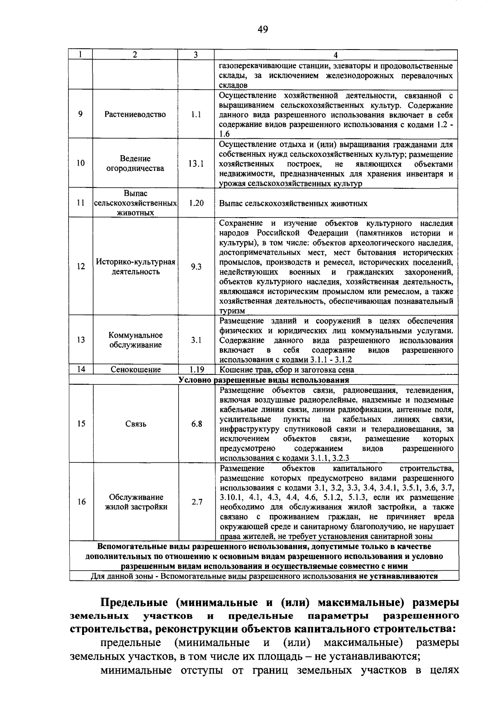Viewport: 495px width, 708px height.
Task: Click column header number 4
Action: pyautogui.click(x=335, y=55)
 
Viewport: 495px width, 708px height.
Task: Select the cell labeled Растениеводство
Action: pyautogui.click(x=135, y=114)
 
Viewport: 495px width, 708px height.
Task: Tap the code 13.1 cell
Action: pyautogui.click(x=196, y=163)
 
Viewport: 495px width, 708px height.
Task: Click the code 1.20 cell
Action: pyautogui.click(x=196, y=203)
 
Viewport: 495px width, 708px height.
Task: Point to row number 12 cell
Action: pyautogui.click(x=81, y=267)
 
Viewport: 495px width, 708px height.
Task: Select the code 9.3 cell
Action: pyautogui.click(x=196, y=267)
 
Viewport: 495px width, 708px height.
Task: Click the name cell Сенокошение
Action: pyautogui.click(x=135, y=370)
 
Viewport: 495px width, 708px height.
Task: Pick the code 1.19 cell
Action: pyautogui.click(x=196, y=370)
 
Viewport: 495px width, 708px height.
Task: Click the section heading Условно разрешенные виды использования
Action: pyautogui.click(x=264, y=380)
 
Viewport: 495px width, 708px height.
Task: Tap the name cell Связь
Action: pyautogui.click(x=136, y=424)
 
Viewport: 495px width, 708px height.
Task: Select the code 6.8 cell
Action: pyautogui.click(x=196, y=424)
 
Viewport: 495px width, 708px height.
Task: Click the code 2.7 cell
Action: pyautogui.click(x=197, y=502)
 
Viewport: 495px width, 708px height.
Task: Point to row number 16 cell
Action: pyautogui.click(x=81, y=502)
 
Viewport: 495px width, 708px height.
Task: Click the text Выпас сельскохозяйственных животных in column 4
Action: pyautogui.click(x=293, y=204)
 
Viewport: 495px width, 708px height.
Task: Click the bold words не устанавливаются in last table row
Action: pyautogui.click(x=398, y=576)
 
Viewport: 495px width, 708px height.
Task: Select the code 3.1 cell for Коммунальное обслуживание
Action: pyautogui.click(x=196, y=340)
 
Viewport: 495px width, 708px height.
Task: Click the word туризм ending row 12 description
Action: pyautogui.click(x=232, y=311)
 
